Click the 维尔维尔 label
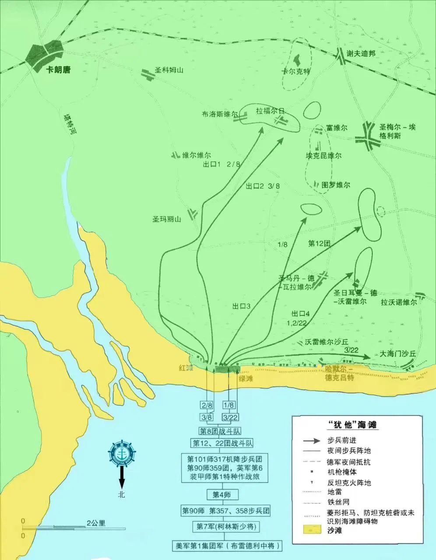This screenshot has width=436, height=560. (x=197, y=155)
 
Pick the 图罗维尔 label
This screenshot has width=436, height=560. (x=336, y=185)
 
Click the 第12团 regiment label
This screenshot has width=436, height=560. (x=319, y=243)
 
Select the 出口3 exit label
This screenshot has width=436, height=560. (x=241, y=307)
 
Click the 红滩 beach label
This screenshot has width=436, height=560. (x=186, y=368)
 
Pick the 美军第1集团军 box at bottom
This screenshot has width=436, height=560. (x=226, y=546)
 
